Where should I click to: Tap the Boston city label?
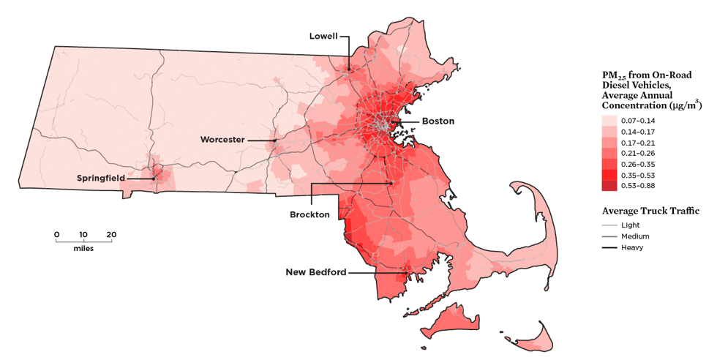[x=438, y=121]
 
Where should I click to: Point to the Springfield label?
[x=100, y=178]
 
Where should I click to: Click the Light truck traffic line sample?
[x=609, y=225]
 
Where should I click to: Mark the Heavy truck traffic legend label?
[x=632, y=247]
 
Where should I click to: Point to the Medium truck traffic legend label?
[x=634, y=236]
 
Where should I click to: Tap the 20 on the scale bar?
[x=111, y=234]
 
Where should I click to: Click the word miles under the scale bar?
[x=83, y=248]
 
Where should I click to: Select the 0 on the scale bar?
[x=56, y=234]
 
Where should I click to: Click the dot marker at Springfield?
[x=154, y=178]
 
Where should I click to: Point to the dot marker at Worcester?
[x=274, y=139]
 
